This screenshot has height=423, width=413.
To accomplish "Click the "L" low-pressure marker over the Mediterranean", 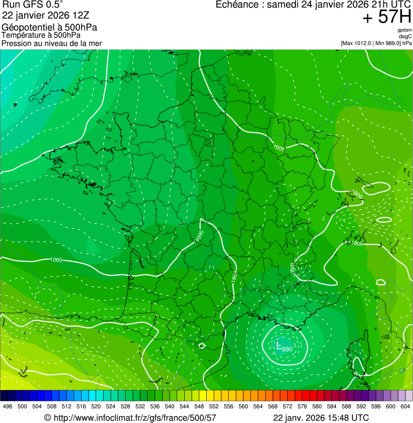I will [x=279, y=346].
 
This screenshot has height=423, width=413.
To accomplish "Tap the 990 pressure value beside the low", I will [x=287, y=350].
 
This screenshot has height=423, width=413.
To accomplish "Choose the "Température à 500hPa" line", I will [x=41, y=35].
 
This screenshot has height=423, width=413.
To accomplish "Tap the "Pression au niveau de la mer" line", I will [x=52, y=43].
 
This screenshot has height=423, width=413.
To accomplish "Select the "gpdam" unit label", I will [x=404, y=30].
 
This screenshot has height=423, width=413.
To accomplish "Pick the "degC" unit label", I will [x=405, y=37].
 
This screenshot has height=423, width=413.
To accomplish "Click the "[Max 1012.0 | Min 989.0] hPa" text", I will [x=376, y=43].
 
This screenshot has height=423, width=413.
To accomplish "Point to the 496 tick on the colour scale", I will [x=8, y=406].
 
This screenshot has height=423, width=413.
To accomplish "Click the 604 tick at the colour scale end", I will [x=405, y=406].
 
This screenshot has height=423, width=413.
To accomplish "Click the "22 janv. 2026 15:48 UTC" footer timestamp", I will [x=321, y=418].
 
